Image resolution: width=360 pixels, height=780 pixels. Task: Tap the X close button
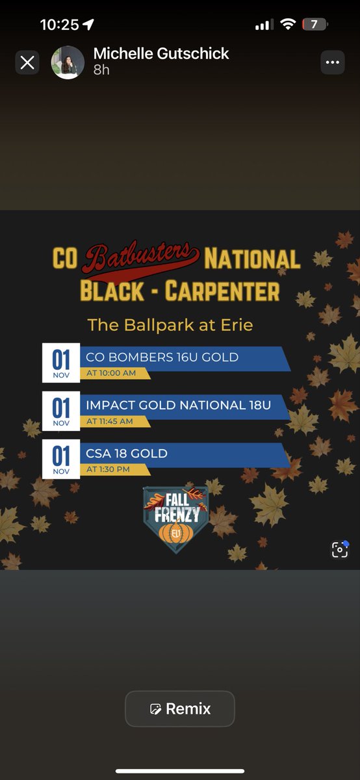tap(27, 62)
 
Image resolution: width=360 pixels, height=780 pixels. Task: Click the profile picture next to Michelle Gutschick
tap(68, 62)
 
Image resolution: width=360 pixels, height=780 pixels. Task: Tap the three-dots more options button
tap(333, 62)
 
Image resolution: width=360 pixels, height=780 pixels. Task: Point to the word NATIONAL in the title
tap(252, 259)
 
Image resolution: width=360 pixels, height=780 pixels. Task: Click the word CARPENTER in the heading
tap(222, 291)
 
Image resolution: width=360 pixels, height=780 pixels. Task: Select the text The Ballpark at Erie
tap(170, 324)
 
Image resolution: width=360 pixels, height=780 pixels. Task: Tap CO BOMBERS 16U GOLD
tap(162, 356)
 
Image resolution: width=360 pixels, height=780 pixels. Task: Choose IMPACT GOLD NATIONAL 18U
tap(179, 405)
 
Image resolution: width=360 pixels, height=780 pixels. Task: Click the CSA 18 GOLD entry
tap(127, 453)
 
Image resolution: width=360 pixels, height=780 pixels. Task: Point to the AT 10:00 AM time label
tap(112, 373)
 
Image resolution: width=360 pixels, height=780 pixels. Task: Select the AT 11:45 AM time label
tap(110, 421)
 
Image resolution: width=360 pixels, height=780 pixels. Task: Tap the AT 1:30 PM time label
tap(109, 469)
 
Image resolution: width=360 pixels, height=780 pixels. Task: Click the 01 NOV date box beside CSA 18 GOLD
tap(61, 460)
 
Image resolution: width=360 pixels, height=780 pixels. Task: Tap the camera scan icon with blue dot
tap(340, 550)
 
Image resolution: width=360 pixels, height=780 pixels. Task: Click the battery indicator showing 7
tap(315, 25)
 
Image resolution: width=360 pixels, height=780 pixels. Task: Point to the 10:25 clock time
tap(59, 25)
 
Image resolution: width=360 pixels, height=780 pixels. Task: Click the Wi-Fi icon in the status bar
tap(288, 25)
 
